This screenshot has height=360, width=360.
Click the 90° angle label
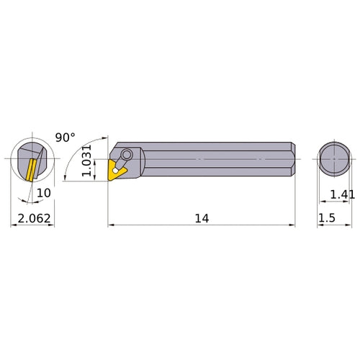click(65, 137)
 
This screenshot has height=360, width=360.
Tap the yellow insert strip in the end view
click(31, 170)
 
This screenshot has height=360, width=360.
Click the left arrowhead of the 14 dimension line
click(111, 225)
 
